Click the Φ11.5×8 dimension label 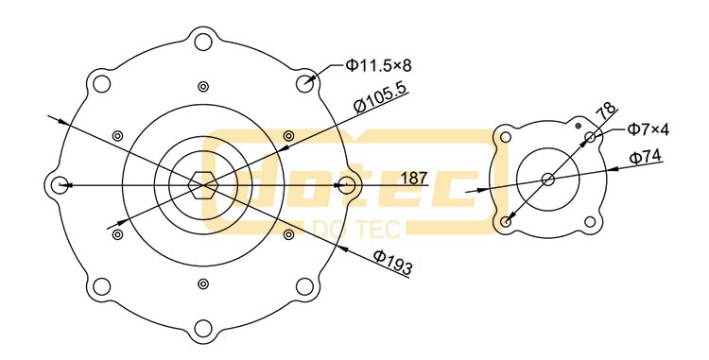378,66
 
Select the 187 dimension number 414,178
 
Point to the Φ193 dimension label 393,262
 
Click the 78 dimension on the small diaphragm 606,111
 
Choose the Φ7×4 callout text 648,129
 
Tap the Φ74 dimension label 646,157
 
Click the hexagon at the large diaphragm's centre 203,185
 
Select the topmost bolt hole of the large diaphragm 203,42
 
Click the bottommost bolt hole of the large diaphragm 203,329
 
